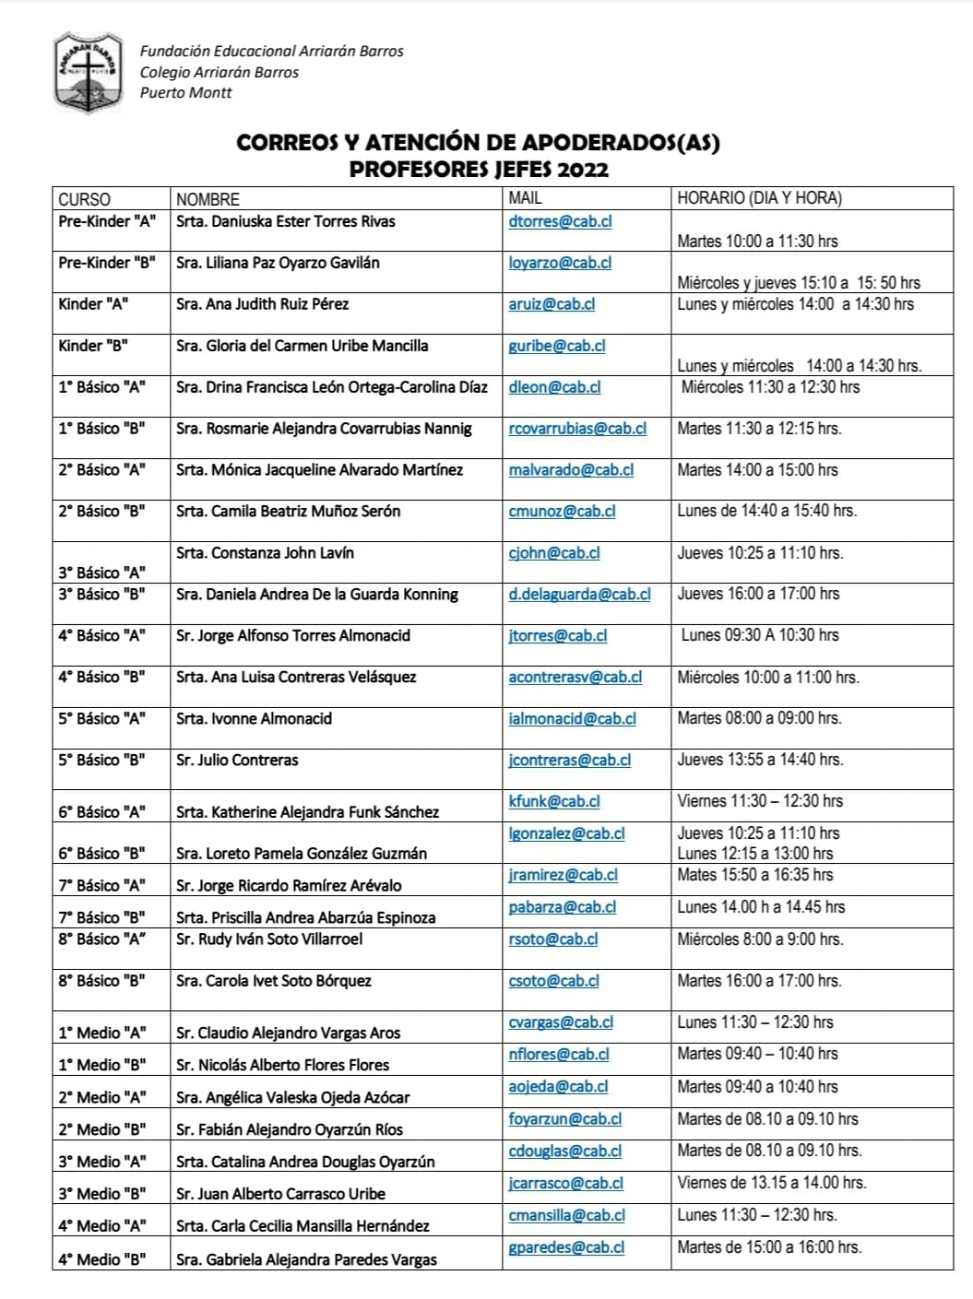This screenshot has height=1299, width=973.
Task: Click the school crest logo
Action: pos(88,72)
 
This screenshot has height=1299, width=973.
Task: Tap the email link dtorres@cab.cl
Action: pos(560,221)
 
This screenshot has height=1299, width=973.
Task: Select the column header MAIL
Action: pos(525,198)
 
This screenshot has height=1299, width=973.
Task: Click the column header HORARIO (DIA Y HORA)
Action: pos(759,198)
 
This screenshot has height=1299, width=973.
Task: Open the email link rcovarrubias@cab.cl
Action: pos(577,429)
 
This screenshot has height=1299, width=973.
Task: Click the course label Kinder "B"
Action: pos(93,346)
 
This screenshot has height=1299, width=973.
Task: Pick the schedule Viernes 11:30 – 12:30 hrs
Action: pos(760,801)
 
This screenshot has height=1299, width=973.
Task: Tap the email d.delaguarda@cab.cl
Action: pos(579,595)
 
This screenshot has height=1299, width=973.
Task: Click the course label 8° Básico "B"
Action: pos(101,981)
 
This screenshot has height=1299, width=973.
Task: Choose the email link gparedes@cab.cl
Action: pos(566,1247)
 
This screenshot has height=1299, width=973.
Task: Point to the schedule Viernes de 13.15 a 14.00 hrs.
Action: pos(772,1183)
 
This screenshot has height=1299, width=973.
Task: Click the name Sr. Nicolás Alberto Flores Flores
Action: pos(282,1065)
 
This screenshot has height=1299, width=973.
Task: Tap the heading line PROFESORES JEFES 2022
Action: pos(479,169)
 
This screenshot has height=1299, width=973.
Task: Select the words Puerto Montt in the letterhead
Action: pos(185,92)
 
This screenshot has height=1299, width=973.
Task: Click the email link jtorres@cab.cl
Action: pos(557,636)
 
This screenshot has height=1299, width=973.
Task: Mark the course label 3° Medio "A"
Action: pos(101,1162)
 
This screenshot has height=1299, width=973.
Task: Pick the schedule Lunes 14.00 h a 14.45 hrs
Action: pos(761,907)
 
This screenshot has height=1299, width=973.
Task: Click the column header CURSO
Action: pos(84,199)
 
